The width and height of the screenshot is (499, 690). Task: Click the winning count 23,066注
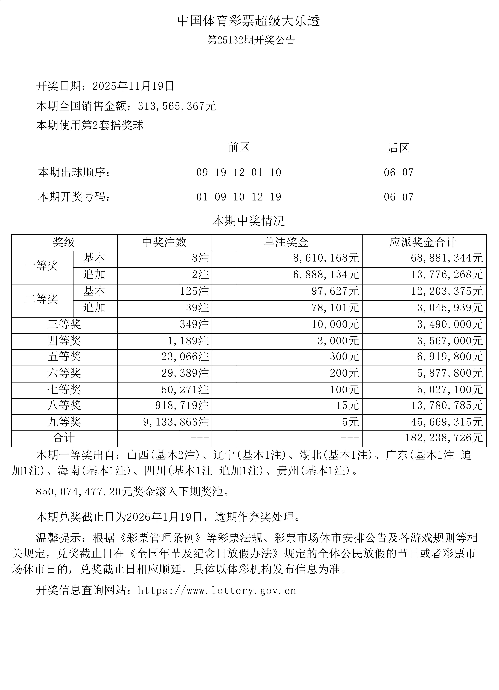point(185,357)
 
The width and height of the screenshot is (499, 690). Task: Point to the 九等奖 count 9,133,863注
point(176,422)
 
